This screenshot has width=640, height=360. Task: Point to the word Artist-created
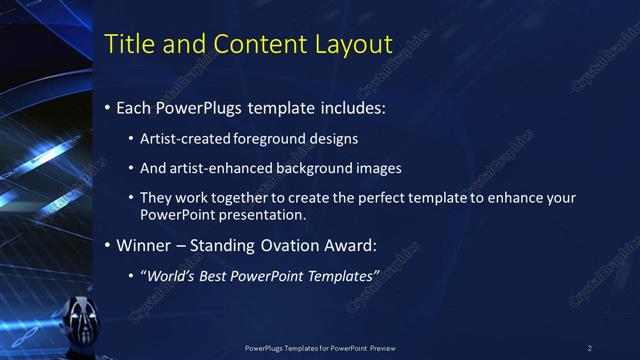tap(183, 138)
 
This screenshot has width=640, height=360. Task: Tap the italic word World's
tap(171, 276)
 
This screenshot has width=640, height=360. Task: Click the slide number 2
tap(589, 347)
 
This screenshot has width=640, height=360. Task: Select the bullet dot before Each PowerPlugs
tap(108, 107)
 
